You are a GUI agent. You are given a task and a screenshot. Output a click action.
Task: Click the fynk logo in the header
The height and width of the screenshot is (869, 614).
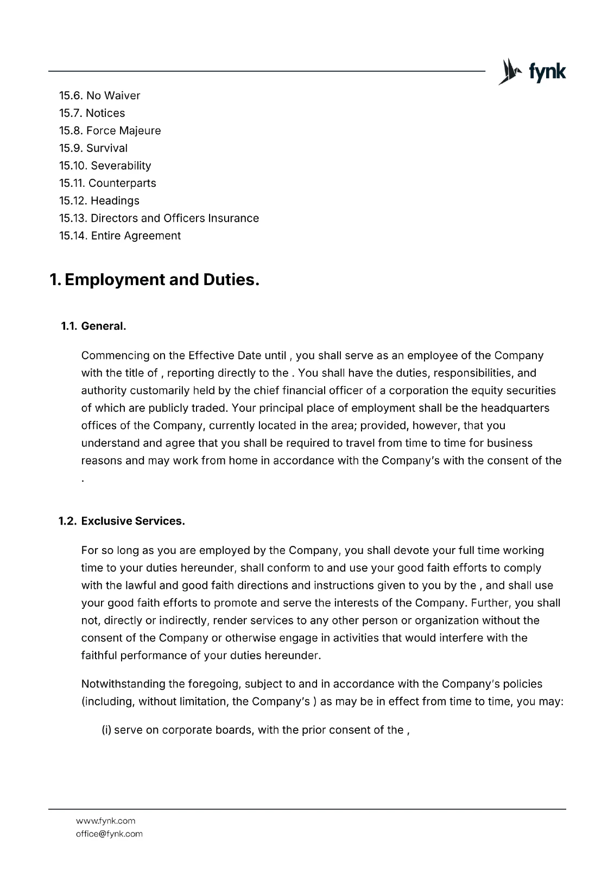(x=531, y=72)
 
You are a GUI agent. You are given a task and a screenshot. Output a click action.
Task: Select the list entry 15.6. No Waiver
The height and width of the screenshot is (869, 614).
(x=99, y=96)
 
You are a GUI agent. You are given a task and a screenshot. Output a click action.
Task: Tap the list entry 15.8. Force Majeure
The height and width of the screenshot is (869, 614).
(x=110, y=130)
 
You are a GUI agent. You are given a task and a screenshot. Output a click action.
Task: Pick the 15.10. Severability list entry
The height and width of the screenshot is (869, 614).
(x=105, y=166)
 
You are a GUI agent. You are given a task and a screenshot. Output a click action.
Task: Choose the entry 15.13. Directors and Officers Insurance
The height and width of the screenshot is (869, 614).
(x=159, y=218)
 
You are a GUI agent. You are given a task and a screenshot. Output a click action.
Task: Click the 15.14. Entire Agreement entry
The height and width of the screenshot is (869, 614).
(x=119, y=236)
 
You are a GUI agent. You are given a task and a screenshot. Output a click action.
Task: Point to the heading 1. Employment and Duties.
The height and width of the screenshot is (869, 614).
(x=154, y=280)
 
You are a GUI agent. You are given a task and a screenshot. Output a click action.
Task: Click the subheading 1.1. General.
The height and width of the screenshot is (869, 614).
(x=93, y=326)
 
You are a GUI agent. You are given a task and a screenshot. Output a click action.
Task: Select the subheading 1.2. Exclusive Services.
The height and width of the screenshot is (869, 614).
(x=122, y=521)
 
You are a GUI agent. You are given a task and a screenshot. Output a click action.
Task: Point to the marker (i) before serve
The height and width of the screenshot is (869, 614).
(x=106, y=730)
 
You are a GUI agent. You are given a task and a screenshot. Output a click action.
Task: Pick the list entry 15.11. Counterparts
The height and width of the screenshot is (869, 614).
(x=107, y=183)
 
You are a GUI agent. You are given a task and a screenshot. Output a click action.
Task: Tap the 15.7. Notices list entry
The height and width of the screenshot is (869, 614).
(x=92, y=113)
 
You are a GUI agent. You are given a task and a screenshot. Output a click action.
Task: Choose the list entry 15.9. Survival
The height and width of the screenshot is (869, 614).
(x=93, y=148)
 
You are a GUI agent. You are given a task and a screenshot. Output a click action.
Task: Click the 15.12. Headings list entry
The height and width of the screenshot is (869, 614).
(x=99, y=201)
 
